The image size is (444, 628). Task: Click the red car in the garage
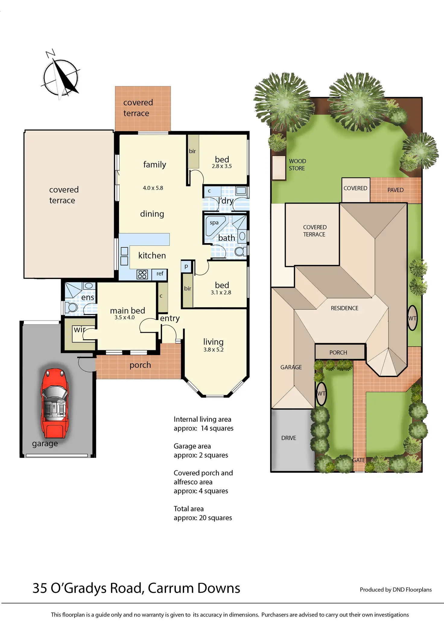click(55, 403)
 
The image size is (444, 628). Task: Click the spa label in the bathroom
click(214, 223)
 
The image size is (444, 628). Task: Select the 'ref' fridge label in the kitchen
click(160, 273)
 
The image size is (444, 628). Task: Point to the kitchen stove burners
click(142, 274)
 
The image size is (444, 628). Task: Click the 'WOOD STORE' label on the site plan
click(297, 165)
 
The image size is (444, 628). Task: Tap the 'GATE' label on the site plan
click(359, 460)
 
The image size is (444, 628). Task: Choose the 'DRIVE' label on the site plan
click(289, 438)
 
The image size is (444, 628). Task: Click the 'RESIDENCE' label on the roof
click(344, 308)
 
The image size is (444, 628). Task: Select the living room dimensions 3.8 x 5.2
click(214, 350)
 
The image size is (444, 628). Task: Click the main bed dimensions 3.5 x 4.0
click(125, 317)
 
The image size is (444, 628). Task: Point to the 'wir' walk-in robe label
click(80, 329)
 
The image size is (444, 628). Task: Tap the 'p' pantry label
click(186, 266)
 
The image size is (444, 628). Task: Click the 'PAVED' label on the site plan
click(395, 190)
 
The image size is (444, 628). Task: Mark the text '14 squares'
click(217, 428)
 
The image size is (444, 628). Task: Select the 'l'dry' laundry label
click(226, 201)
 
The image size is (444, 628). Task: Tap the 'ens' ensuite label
click(88, 297)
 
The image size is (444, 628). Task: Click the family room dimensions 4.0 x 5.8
click(153, 188)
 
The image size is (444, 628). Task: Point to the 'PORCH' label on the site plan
click(338, 352)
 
